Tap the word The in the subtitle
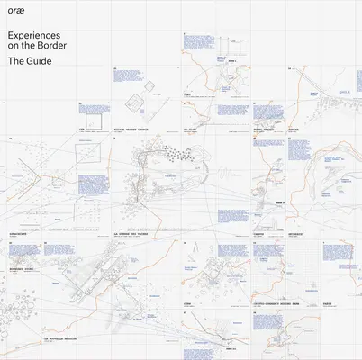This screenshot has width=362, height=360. (x=15, y=61)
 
